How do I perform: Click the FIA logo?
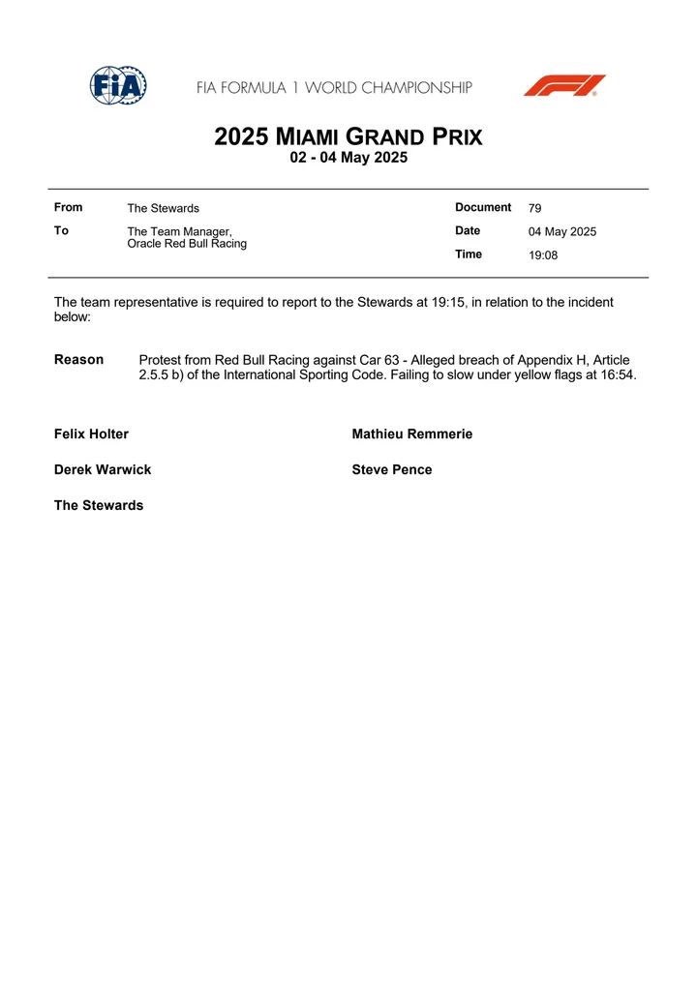[118, 86]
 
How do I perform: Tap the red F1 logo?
[564, 86]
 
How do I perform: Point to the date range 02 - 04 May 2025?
[348, 159]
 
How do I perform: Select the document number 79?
[535, 208]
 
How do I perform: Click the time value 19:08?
[543, 255]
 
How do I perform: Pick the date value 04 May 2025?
[562, 232]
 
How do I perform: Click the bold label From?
[69, 207]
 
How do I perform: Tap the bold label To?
[61, 230]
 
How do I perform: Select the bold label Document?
[483, 207]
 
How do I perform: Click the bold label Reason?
[78, 360]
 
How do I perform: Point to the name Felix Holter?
[91, 434]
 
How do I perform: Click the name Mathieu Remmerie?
[412, 434]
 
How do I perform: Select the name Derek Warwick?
[103, 470]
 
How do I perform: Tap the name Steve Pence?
[392, 470]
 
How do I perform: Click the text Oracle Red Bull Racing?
[187, 244]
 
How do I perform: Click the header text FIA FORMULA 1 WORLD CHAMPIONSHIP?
[334, 88]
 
